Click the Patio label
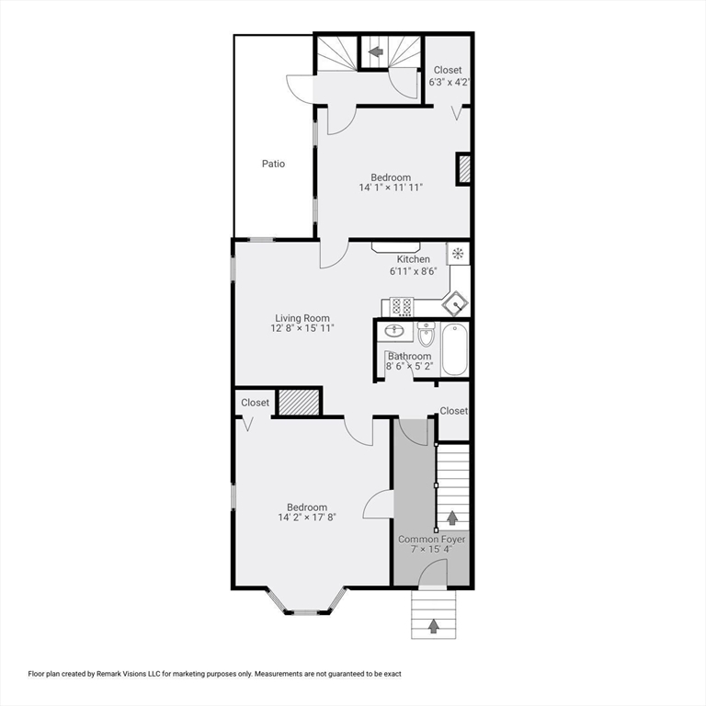tap(273, 164)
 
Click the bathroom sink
tap(396, 331)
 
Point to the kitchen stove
tap(401, 305)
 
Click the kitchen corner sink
tap(456, 303)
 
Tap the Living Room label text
tap(302, 318)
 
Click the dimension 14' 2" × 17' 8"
tap(306, 518)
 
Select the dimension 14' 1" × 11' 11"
tap(391, 188)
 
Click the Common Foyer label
tap(431, 539)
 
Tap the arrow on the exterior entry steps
tap(434, 627)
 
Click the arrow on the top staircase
tap(375, 52)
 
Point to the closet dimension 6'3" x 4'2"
tap(450, 82)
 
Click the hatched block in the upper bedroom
tap(464, 169)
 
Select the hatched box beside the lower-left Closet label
tap(298, 403)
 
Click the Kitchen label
tap(413, 259)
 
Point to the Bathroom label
tap(409, 356)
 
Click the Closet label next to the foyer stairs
tap(453, 411)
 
